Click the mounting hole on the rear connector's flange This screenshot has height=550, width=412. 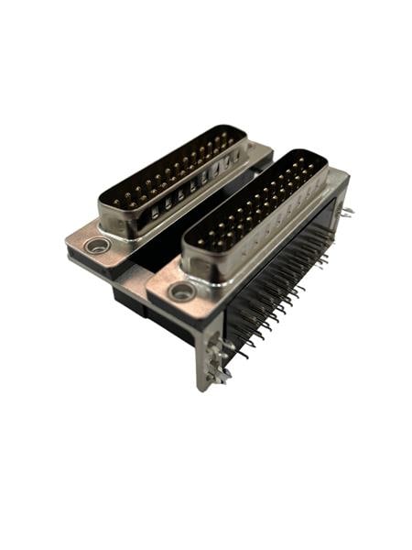click(x=95, y=245)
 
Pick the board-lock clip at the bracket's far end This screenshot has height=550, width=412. click(x=345, y=213)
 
